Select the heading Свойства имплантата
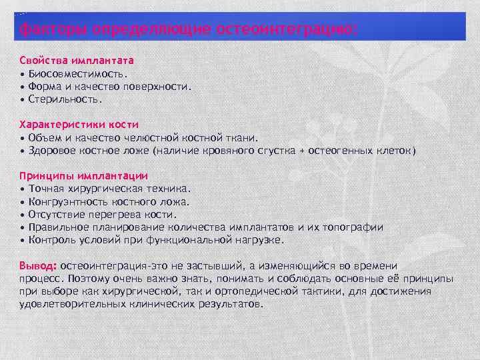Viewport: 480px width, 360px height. point(77,60)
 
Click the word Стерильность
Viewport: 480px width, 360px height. point(66,99)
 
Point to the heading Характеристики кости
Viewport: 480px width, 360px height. point(79,125)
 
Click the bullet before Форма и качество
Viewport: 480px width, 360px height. point(23,87)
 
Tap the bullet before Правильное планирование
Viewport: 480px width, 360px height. point(23,228)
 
